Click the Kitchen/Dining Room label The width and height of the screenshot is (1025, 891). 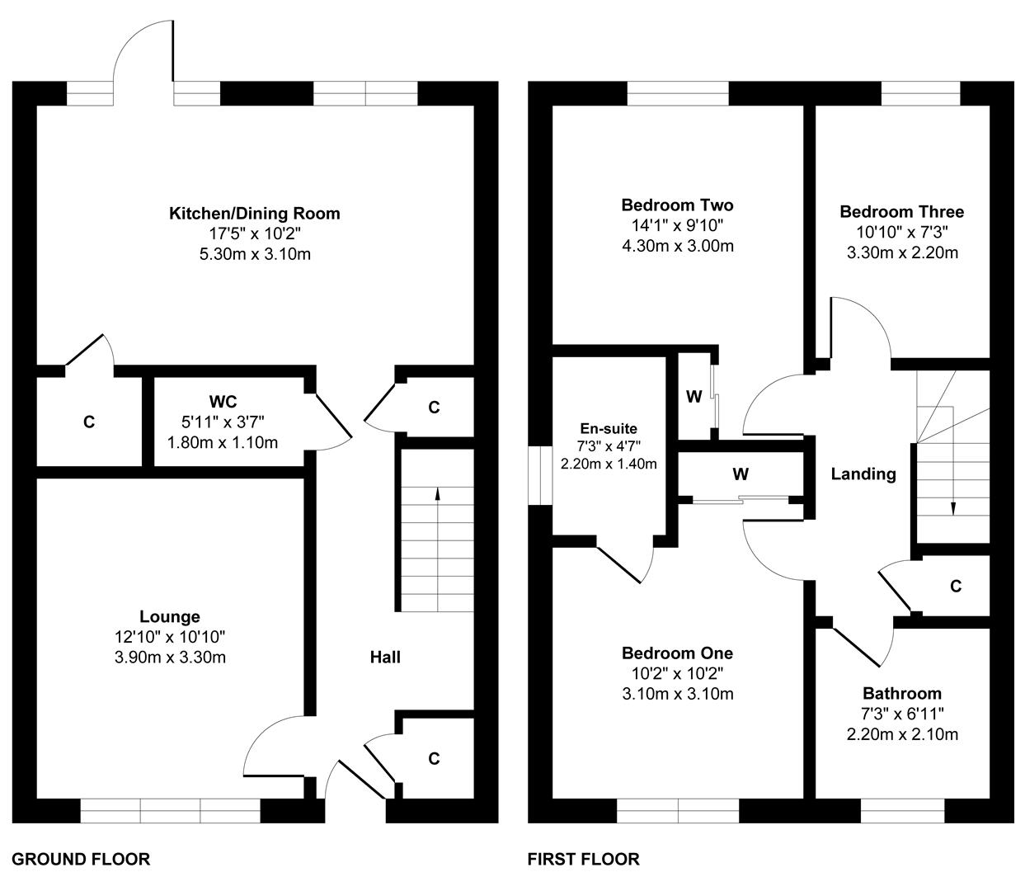tap(255, 214)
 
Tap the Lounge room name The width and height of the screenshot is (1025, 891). tap(170, 616)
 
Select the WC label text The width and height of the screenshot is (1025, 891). tap(223, 402)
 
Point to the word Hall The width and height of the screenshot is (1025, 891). tap(385, 657)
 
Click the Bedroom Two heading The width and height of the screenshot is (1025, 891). tap(677, 205)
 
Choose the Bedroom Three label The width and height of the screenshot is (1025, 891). tap(902, 211)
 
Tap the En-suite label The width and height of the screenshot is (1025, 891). tap(609, 428)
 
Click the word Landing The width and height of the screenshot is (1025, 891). tap(863, 474)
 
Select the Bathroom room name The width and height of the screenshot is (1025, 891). tap(902, 694)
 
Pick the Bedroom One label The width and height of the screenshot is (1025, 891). tap(677, 653)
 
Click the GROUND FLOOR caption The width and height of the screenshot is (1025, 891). tap(81, 859)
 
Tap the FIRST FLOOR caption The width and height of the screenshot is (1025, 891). tap(584, 859)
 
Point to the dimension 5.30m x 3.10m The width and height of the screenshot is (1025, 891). tap(255, 254)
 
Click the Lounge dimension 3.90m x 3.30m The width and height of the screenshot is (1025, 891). tap(171, 657)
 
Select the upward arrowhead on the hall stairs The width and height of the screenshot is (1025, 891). tap(437, 493)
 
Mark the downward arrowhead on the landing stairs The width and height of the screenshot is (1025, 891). tap(953, 509)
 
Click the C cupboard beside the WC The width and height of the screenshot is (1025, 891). tap(89, 422)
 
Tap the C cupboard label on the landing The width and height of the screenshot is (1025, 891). tap(956, 586)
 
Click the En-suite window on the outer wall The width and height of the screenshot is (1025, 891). tap(540, 475)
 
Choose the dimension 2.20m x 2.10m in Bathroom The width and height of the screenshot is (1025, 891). tap(902, 734)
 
